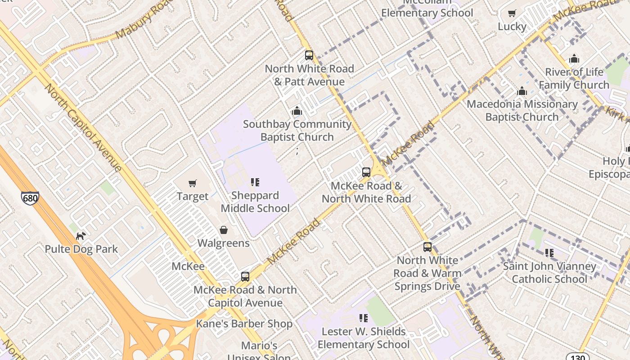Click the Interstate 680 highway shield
30,198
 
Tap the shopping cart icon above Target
193,183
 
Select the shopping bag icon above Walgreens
224,230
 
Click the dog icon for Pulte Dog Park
81,236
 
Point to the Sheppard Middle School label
255,202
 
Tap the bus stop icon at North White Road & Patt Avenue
309,55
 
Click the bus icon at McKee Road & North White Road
366,172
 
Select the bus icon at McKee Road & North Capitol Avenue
245,277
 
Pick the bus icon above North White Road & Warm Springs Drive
427,247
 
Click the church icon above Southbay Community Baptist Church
297,111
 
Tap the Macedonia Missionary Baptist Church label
522,110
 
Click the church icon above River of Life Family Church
574,59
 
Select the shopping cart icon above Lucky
512,13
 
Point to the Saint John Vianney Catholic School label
549,273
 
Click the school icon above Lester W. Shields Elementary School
364,319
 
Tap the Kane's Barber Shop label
244,324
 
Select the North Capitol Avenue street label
84,127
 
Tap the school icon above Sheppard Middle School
255,182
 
